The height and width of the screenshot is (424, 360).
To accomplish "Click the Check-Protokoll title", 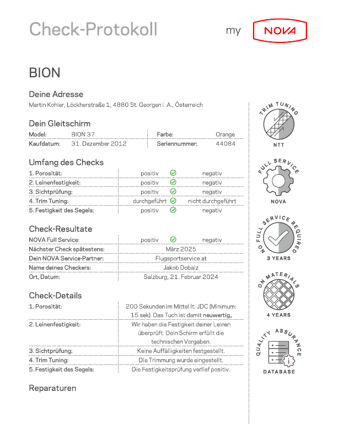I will [93, 29].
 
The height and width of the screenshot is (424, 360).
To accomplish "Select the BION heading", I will [45, 73].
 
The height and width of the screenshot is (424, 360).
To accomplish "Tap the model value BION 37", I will [83, 134].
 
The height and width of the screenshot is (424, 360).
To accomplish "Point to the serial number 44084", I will [225, 143].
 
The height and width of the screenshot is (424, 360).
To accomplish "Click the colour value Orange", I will [225, 134].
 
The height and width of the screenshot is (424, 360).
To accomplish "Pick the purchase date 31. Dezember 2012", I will [99, 143].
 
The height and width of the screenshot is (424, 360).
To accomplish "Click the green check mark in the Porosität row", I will [173, 173].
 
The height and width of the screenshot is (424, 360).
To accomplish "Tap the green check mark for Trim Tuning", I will [173, 201].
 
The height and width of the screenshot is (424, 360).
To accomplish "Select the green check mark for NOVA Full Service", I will [173, 240].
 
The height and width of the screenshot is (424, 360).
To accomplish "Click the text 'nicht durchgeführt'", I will [212, 201].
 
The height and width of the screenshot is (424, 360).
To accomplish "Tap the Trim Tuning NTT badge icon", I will [278, 126].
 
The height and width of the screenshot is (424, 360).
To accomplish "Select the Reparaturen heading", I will [52, 388].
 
